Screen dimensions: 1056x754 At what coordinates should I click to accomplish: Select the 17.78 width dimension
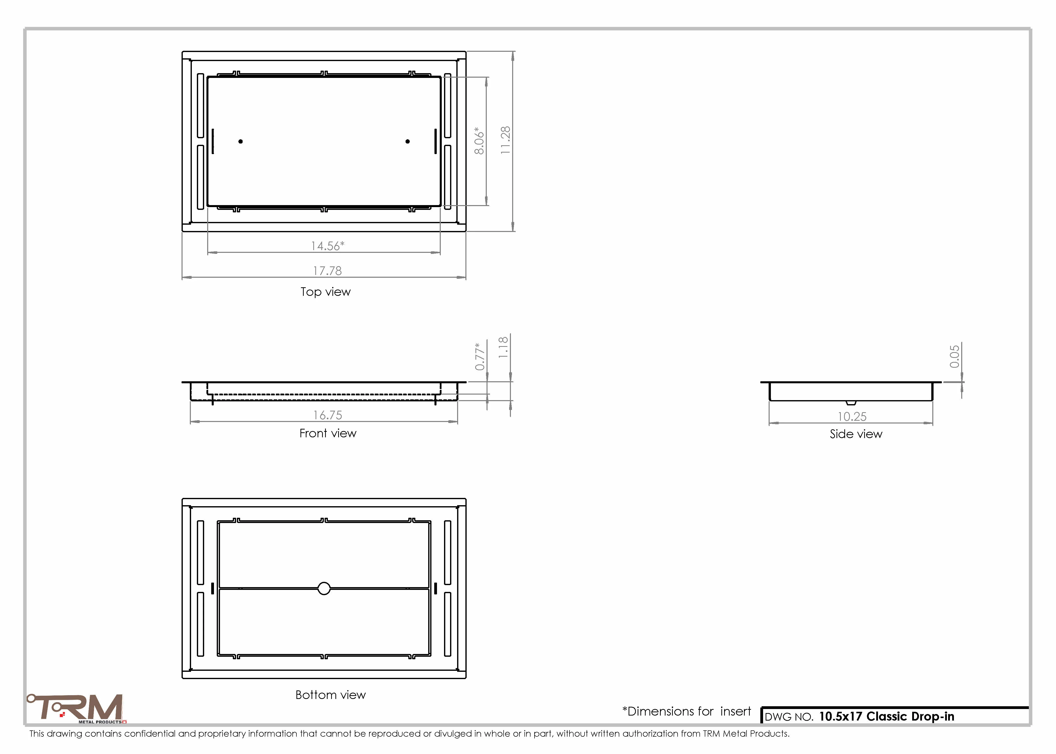[327, 271]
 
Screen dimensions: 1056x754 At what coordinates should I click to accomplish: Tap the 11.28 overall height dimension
[505, 140]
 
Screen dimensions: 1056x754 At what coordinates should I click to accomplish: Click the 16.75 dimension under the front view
[327, 415]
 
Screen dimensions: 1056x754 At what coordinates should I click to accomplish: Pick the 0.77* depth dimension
[480, 357]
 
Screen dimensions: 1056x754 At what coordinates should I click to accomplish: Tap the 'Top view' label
[326, 292]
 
